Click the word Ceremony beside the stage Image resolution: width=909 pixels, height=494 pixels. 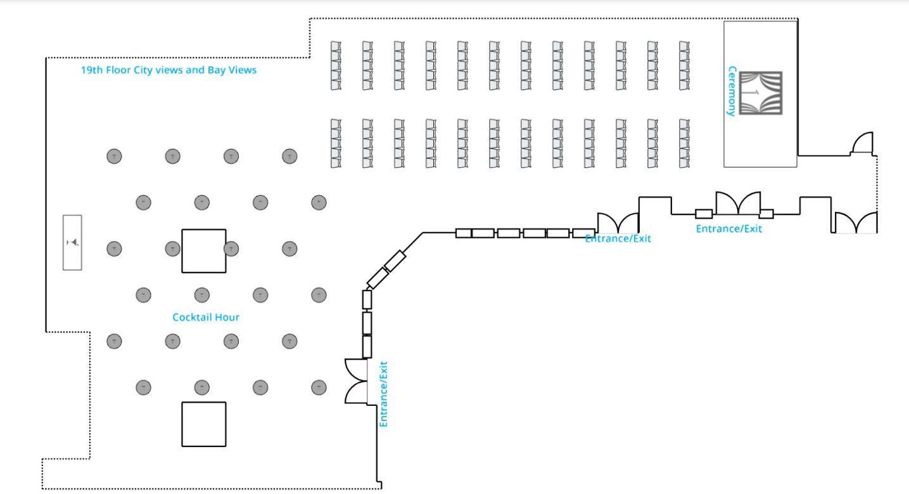732,91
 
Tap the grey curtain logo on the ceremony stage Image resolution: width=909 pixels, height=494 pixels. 761,93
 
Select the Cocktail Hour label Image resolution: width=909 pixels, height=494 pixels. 206,317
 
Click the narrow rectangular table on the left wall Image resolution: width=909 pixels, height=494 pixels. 72,242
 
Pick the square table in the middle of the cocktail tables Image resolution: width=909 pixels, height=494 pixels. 203,251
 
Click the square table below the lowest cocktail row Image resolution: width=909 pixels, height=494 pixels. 203,424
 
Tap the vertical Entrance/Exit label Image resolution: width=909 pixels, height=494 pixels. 383,394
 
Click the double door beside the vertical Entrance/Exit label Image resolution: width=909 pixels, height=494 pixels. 356,380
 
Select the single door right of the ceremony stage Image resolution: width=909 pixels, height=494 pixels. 863,144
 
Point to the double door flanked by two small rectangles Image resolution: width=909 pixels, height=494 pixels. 737,204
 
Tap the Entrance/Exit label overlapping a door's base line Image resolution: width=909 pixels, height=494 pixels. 618,239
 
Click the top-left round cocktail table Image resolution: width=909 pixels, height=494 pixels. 114,156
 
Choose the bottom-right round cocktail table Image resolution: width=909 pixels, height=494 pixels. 319,387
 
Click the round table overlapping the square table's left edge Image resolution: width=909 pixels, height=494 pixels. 172,249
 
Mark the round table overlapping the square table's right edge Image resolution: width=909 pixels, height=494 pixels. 232,249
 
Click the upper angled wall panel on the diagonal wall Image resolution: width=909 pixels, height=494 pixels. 395,261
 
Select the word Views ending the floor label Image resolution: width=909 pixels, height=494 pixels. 243,70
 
